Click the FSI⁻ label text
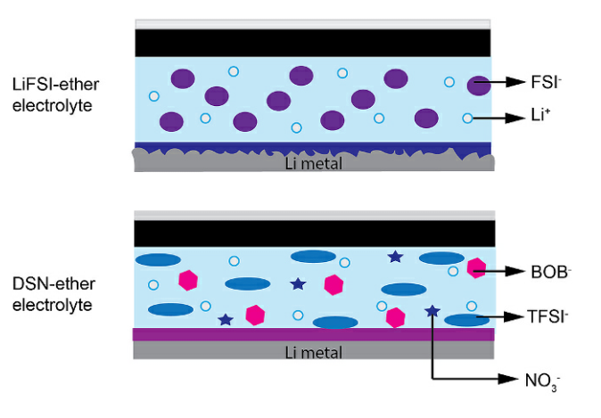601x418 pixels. point(541,83)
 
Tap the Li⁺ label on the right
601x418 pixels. point(537,119)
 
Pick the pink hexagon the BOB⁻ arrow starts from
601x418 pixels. point(476,267)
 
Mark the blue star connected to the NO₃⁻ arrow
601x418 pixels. point(432,311)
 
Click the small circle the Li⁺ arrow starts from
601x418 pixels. point(467,118)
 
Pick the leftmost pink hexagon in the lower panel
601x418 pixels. point(188,279)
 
